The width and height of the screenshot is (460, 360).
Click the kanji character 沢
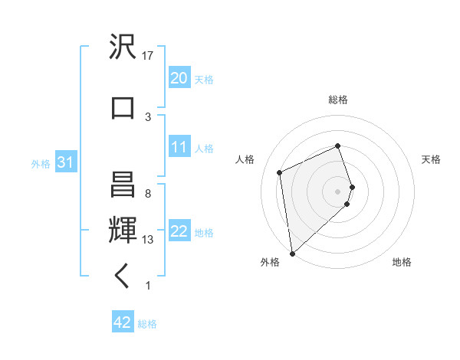[x=123, y=47]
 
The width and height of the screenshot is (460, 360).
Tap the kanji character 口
[x=123, y=107]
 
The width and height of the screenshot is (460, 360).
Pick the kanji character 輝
[x=123, y=227]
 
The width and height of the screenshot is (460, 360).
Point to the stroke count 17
[x=149, y=56]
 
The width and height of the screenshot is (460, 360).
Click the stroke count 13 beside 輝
[x=149, y=240]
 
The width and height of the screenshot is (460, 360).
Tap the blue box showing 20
[x=179, y=77]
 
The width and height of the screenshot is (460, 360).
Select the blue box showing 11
[x=179, y=147]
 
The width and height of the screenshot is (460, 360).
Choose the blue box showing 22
[x=179, y=231]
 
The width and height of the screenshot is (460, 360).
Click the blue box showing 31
[x=66, y=162]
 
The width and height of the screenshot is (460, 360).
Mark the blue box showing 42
[x=123, y=322]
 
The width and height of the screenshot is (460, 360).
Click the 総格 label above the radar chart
[x=338, y=100]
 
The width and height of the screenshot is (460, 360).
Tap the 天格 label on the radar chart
[x=431, y=159]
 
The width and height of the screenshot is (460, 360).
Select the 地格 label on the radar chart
[x=402, y=263]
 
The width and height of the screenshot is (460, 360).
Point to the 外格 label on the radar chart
[x=270, y=263]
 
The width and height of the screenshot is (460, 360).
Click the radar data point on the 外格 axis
[x=292, y=253]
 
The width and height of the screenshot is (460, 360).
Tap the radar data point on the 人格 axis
[x=280, y=172]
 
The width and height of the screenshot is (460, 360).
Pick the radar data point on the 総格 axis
[x=338, y=146]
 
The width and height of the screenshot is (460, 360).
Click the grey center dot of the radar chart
[x=338, y=191]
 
